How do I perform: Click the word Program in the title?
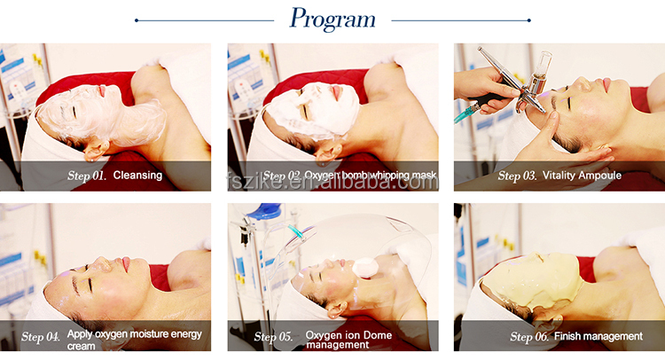click(x=332, y=20)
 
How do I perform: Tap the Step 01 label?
click(x=87, y=176)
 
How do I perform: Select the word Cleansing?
click(x=137, y=176)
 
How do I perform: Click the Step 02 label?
click(x=282, y=176)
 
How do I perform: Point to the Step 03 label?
click(x=517, y=176)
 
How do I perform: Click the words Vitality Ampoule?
click(x=582, y=176)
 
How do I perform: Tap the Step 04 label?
click(x=41, y=337)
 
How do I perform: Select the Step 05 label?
click(x=274, y=337)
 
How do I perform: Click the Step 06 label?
click(x=529, y=337)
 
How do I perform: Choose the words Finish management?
click(x=598, y=336)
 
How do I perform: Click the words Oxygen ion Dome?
click(x=348, y=335)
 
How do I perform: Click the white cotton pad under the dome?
click(x=364, y=267)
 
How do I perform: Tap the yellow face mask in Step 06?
click(x=532, y=280)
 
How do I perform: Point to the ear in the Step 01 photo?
click(x=96, y=150)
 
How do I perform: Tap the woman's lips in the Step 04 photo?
click(x=126, y=264)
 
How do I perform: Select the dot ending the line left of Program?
click(x=137, y=20)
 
